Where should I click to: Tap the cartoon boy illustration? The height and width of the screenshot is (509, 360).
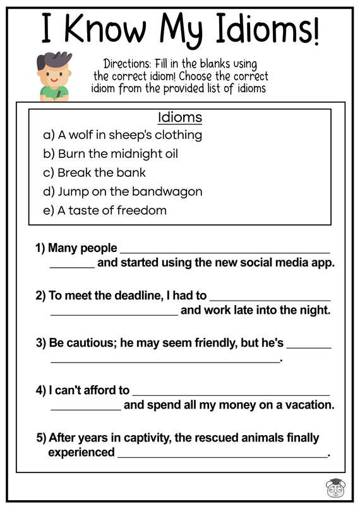(x=54, y=77)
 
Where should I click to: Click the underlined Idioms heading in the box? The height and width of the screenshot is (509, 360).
(x=180, y=117)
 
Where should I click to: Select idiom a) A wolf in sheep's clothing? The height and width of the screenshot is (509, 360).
(x=123, y=135)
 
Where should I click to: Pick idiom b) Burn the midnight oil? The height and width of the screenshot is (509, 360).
(x=111, y=153)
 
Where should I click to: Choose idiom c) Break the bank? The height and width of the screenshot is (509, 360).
(x=95, y=172)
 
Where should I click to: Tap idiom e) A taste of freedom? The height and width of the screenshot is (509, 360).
(x=105, y=210)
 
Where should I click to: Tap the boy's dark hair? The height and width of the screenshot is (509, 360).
(x=52, y=61)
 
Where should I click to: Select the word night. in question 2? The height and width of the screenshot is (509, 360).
(x=312, y=310)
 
